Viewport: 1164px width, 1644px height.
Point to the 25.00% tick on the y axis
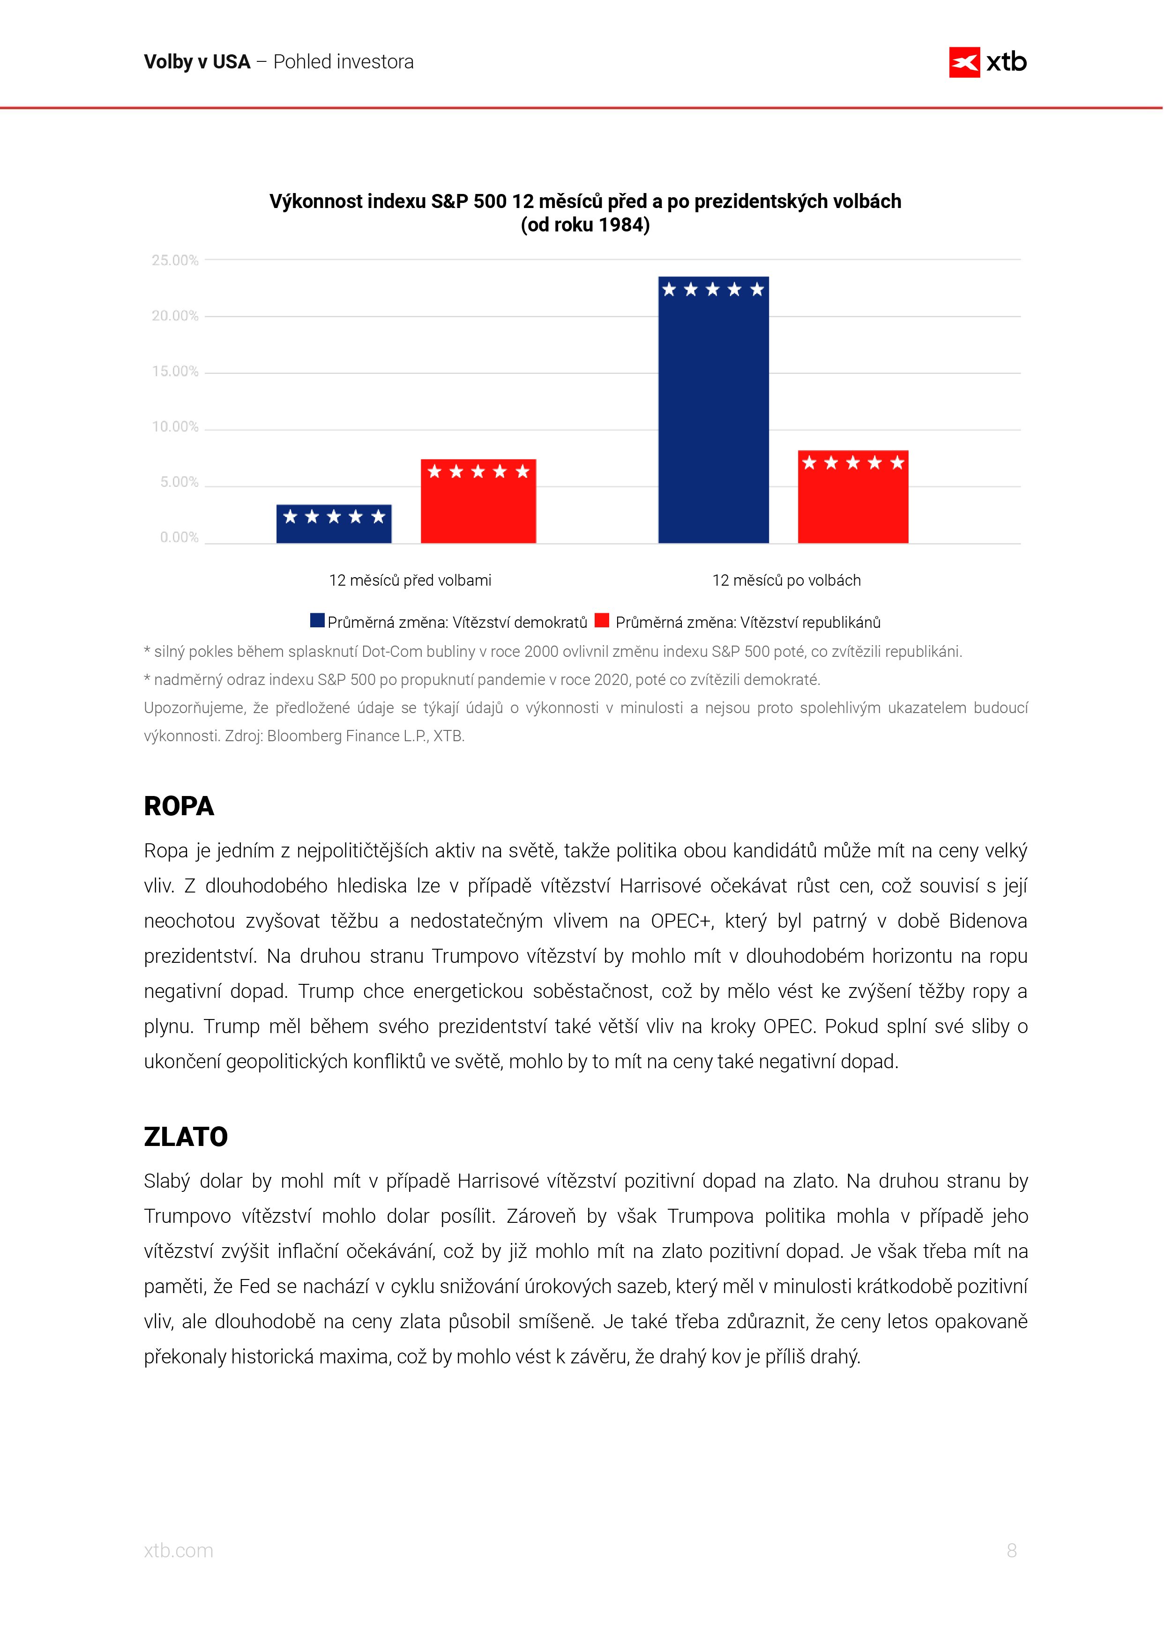pyautogui.click(x=175, y=260)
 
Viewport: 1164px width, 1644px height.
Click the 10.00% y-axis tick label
pyautogui.click(x=175, y=427)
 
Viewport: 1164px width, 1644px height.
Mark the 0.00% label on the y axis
pyautogui.click(x=179, y=537)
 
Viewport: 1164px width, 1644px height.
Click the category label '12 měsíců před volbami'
pyautogui.click(x=410, y=580)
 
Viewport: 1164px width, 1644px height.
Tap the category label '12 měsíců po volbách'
pyautogui.click(x=786, y=580)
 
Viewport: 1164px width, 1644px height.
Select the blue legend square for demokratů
pyautogui.click(x=317, y=621)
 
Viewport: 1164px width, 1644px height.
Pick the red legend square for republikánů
pyautogui.click(x=602, y=621)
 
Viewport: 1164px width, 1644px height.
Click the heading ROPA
pyautogui.click(x=179, y=806)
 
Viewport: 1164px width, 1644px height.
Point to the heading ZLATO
pyautogui.click(x=186, y=1137)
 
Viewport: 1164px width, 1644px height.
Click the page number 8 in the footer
pyautogui.click(x=1011, y=1550)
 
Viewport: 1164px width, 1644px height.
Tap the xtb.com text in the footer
pyautogui.click(x=179, y=1551)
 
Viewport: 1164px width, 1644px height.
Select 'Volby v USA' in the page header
pyautogui.click(x=197, y=62)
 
